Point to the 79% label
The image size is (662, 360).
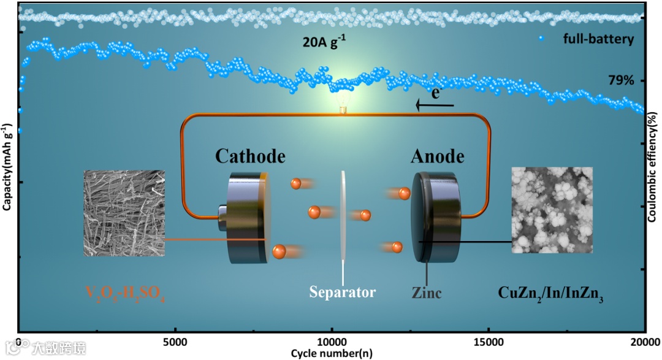click(x=617, y=80)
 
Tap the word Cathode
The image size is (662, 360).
click(x=250, y=156)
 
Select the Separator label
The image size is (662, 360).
click(x=342, y=292)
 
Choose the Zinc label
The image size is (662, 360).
click(x=427, y=293)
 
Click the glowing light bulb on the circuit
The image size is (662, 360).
click(x=343, y=103)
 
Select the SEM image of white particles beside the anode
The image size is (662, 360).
click(x=552, y=210)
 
